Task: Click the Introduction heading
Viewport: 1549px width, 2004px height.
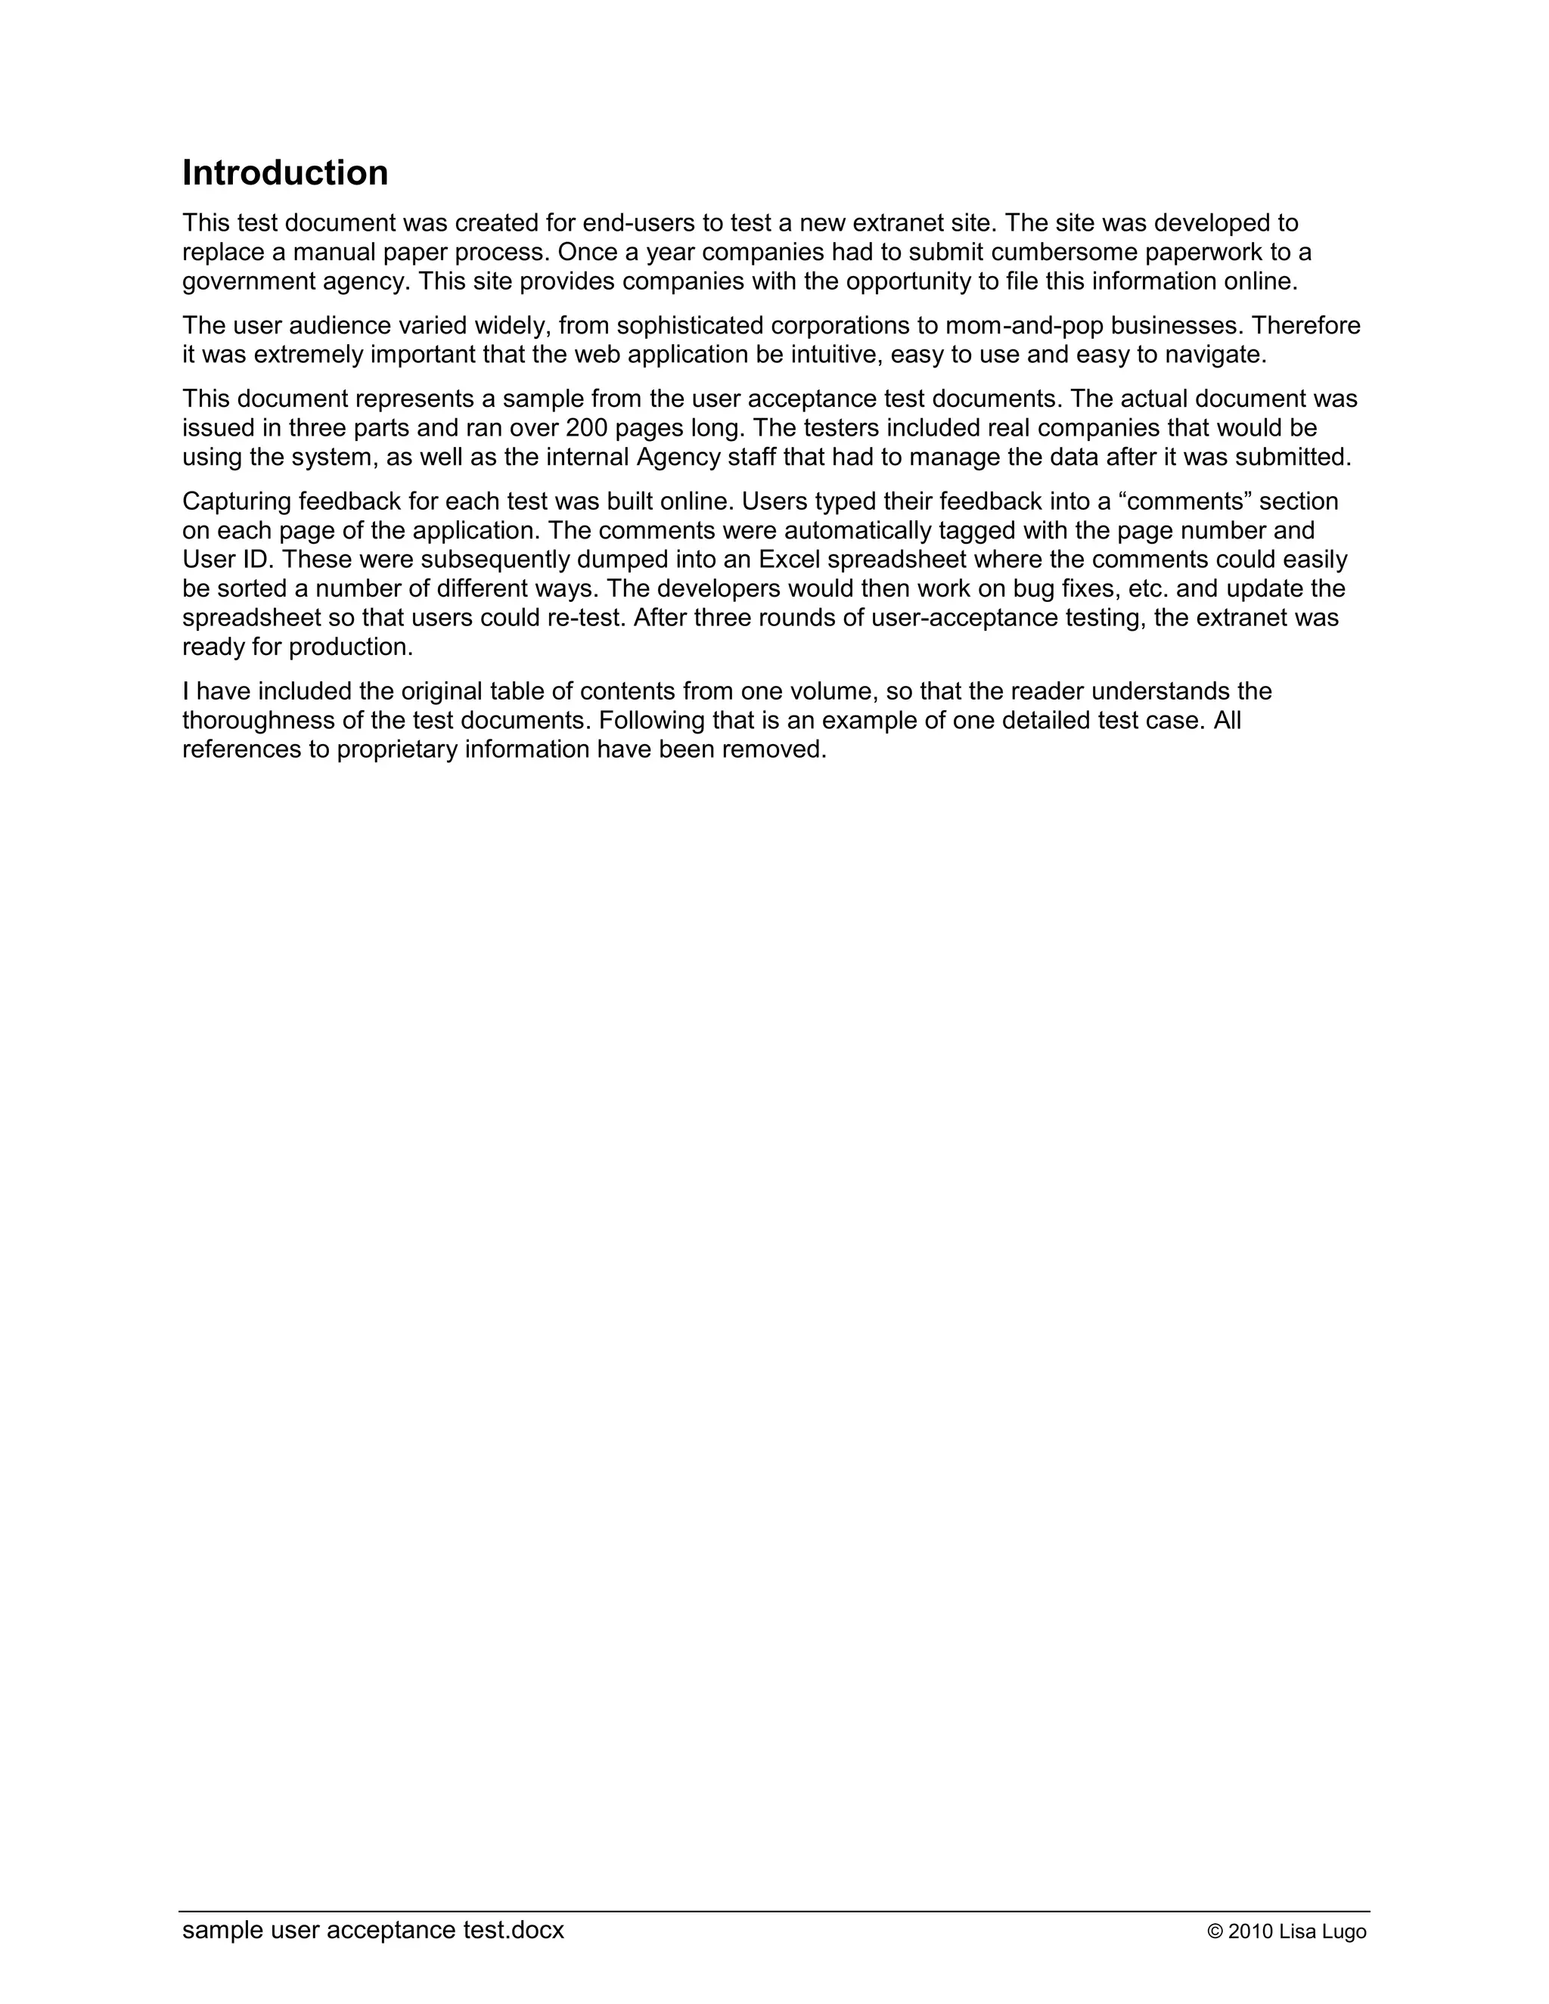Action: [x=284, y=172]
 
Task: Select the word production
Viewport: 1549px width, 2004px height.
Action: [x=350, y=647]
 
